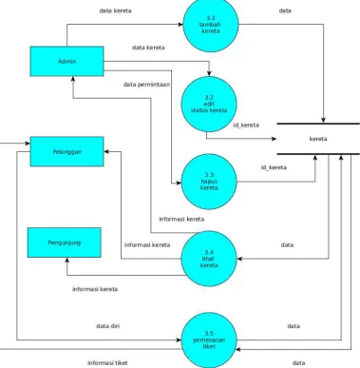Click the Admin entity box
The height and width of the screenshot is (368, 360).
[x=66, y=61]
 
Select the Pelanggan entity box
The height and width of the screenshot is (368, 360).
[x=66, y=151]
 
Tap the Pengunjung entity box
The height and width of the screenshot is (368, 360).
[x=65, y=242]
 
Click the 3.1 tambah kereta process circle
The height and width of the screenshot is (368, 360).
[x=211, y=25]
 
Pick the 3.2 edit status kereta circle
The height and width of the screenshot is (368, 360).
[x=209, y=104]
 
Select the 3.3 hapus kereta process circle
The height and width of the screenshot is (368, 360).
[x=209, y=182]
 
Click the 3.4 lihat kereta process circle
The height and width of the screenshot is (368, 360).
[x=209, y=259]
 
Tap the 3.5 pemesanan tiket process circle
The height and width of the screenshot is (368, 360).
[x=209, y=340]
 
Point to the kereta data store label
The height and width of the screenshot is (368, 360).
[x=318, y=139]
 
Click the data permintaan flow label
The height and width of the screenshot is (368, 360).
[x=146, y=85]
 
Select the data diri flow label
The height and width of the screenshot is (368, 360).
[x=108, y=326]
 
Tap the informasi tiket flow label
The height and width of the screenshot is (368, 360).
[x=107, y=363]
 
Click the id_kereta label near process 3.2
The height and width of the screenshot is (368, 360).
[x=246, y=125]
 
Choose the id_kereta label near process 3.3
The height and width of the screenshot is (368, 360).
[x=274, y=167]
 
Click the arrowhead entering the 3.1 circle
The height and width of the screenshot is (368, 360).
[x=180, y=25]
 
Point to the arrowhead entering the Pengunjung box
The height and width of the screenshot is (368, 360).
[x=66, y=260]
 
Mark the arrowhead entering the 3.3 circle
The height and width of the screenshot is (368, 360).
[x=179, y=183]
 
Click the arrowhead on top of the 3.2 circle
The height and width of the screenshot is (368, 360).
[x=209, y=73]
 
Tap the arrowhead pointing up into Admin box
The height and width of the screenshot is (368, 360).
[x=73, y=79]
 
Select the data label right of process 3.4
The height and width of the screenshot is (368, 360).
[x=287, y=244]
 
